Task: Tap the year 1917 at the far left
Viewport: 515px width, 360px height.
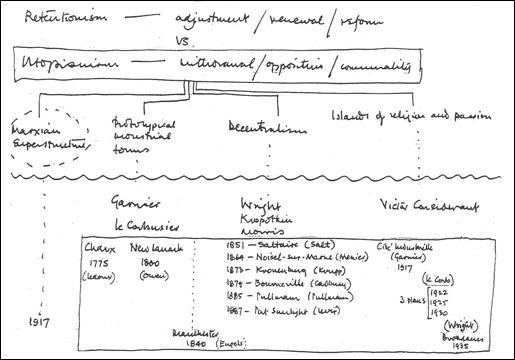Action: point(39,323)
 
